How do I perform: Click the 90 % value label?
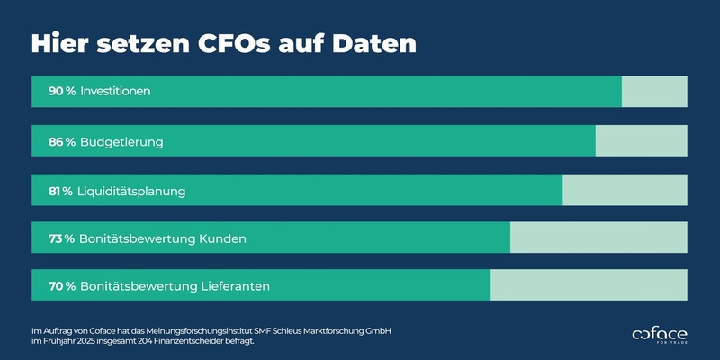62,92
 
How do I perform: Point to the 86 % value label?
62,141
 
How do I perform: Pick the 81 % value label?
61,191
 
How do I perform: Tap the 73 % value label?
62,238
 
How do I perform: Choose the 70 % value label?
62,287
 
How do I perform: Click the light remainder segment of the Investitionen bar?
654,92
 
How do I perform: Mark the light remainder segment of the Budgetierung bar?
641,141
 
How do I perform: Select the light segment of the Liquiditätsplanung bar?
625,191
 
